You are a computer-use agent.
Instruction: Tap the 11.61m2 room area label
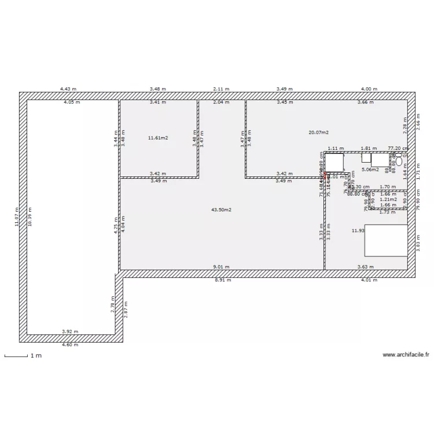[x=158, y=138]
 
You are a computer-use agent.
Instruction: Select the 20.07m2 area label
[x=318, y=133]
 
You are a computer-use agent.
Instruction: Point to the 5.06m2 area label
[x=370, y=170]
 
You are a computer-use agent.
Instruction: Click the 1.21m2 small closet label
[x=388, y=199]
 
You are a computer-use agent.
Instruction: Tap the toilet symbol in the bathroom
[x=399, y=161]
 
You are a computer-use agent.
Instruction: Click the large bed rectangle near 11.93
[x=385, y=240]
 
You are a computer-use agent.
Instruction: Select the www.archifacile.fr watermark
[x=407, y=355]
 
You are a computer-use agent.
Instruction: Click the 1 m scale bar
[x=16, y=356]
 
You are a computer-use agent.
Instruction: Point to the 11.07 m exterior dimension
[x=17, y=218]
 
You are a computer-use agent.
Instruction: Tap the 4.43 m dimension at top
[x=68, y=89]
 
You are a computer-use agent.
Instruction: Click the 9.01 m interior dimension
[x=221, y=267]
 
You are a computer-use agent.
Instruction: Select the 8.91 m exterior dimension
[x=223, y=279]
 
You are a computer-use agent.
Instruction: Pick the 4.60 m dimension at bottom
[x=69, y=344]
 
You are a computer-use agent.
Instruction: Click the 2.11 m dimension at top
[x=221, y=89]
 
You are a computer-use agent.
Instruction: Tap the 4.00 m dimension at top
[x=369, y=89]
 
